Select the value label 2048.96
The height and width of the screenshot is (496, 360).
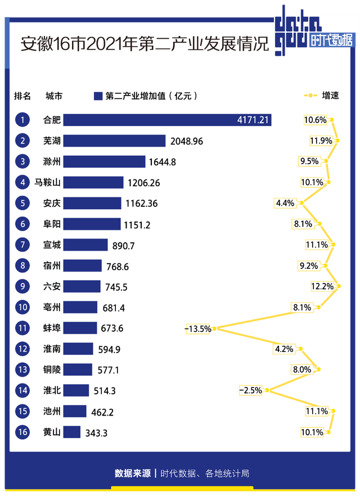click(186, 141)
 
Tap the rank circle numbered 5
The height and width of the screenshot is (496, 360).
click(23, 203)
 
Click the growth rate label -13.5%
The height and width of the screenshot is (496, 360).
click(199, 329)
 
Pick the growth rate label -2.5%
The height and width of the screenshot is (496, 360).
click(250, 390)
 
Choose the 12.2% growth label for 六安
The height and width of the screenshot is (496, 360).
click(322, 286)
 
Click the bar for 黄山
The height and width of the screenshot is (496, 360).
click(72, 432)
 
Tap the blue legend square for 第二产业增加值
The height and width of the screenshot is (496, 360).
click(98, 96)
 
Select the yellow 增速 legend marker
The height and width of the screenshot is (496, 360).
click(310, 96)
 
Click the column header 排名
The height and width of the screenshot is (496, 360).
click(22, 96)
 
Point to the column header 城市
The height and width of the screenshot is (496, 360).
click(54, 96)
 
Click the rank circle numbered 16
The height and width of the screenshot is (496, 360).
click(23, 432)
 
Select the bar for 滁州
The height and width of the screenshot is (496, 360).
click(105, 161)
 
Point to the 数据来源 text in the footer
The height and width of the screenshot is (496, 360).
click(133, 474)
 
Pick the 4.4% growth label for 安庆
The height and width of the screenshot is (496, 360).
click(285, 203)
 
